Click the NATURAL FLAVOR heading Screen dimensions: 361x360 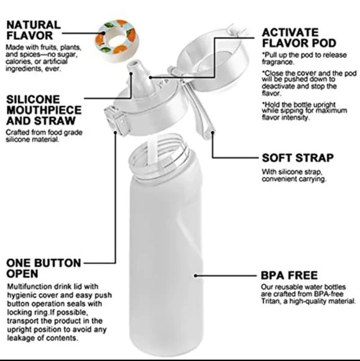click(34, 30)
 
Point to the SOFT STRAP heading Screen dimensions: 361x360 click(297, 158)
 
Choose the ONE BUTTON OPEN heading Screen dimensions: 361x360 click(44, 268)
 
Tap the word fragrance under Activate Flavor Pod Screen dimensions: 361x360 click(282, 62)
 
